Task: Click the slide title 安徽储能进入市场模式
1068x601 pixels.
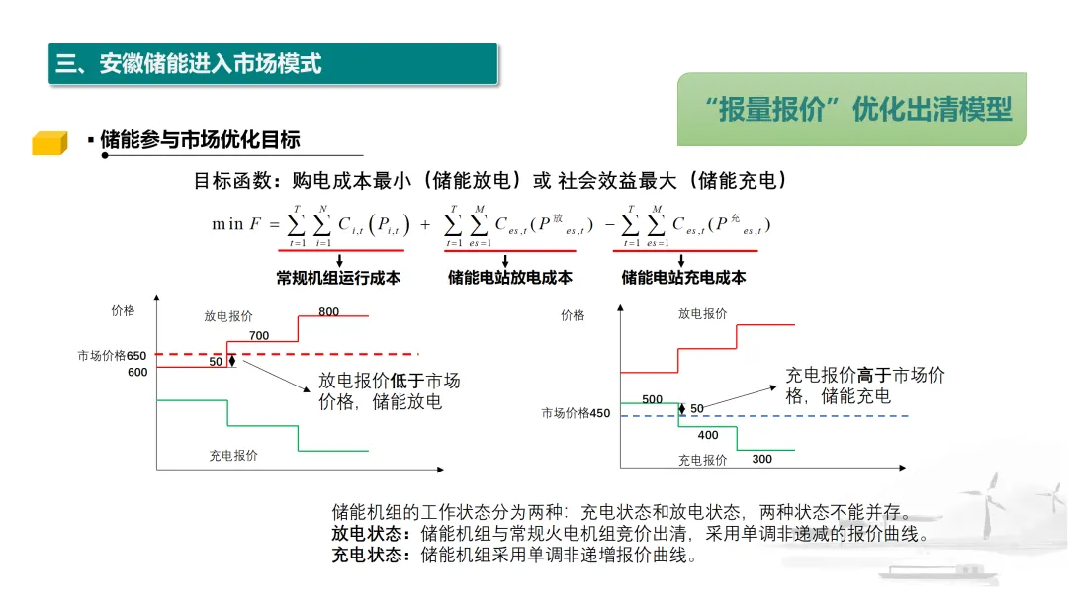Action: click(188, 64)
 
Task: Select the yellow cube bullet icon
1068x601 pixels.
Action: click(48, 143)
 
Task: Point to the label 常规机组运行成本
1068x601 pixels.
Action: click(338, 278)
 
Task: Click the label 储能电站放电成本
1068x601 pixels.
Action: click(509, 278)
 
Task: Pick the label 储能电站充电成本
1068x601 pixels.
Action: click(683, 278)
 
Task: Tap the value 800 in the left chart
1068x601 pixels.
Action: click(328, 312)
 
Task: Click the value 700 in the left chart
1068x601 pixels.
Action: click(259, 336)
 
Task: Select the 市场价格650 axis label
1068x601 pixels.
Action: click(112, 356)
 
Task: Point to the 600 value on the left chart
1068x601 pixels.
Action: click(137, 373)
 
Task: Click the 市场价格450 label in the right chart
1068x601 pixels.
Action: click(576, 414)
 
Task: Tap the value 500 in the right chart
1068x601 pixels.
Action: click(653, 399)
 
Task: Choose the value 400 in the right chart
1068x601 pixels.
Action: click(708, 435)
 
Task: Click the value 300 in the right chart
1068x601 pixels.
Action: click(761, 460)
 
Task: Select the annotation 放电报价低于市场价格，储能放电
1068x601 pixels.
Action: click(389, 391)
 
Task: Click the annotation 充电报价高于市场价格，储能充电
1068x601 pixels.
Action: click(864, 386)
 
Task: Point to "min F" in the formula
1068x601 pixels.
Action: click(236, 224)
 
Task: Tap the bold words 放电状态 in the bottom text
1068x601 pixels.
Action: click(370, 535)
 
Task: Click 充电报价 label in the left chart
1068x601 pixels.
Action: click(232, 456)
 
